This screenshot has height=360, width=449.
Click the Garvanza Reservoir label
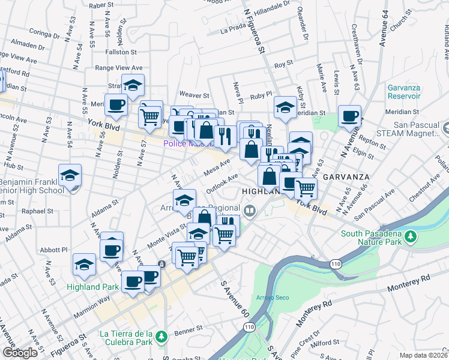[403, 91]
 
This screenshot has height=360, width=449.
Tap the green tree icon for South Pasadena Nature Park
[411, 236]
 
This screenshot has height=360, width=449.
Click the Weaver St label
[194, 95]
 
